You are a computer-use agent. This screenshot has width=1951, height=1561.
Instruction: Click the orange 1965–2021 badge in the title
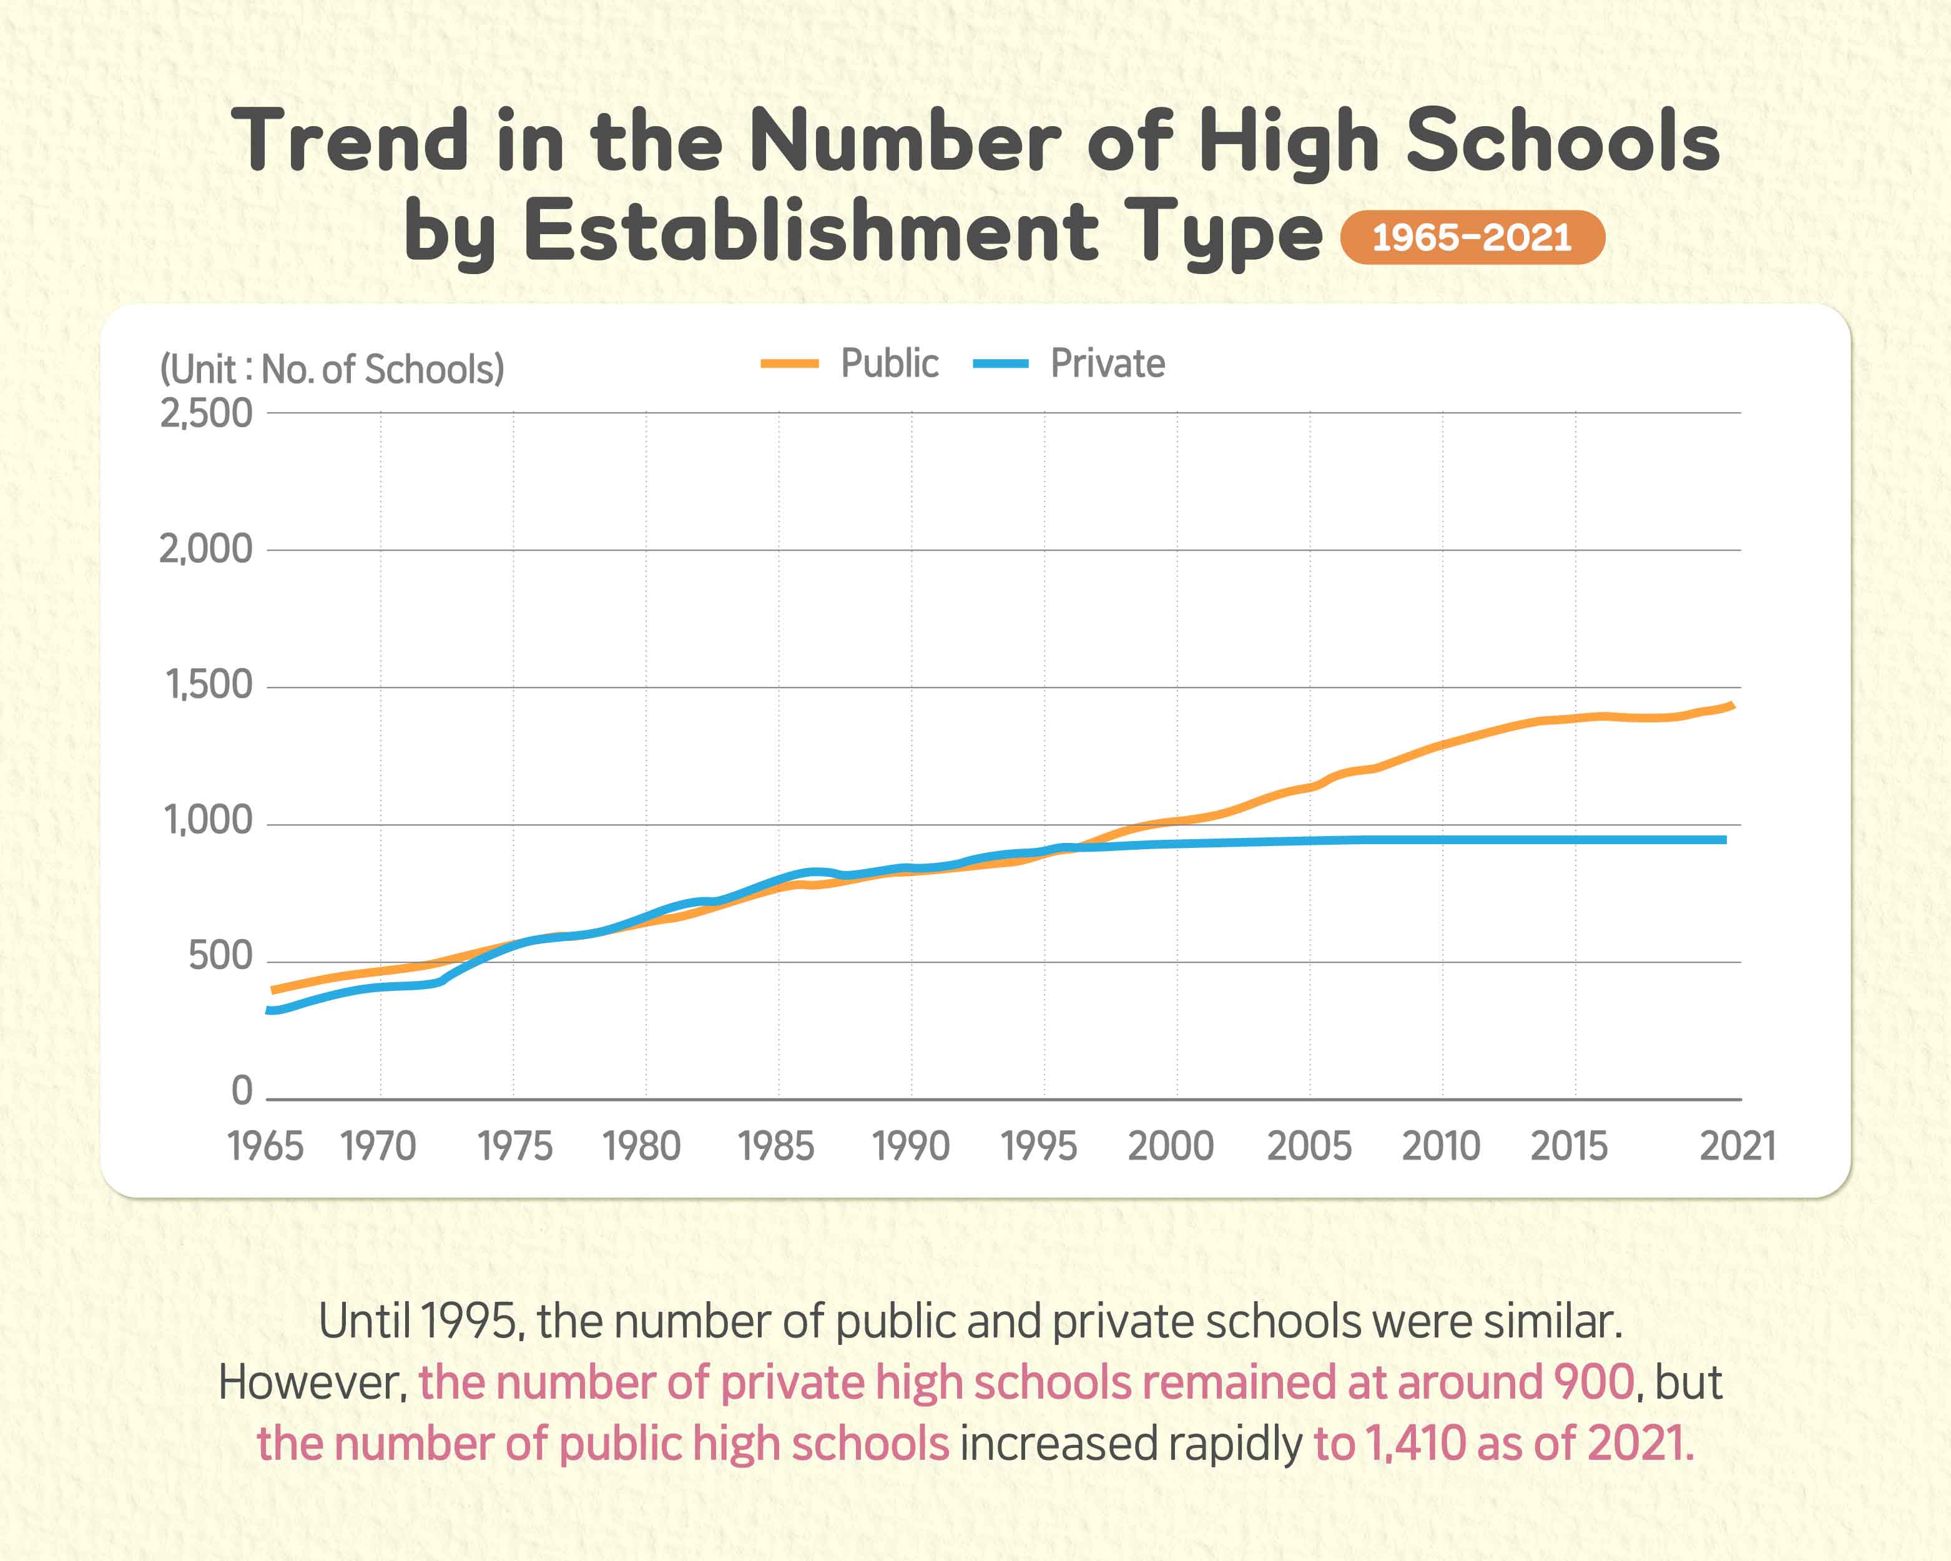click(1472, 238)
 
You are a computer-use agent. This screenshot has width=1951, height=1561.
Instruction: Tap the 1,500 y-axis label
click(208, 685)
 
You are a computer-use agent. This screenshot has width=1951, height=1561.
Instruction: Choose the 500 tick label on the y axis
click(220, 957)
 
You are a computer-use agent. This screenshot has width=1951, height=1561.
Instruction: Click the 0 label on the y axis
click(242, 1091)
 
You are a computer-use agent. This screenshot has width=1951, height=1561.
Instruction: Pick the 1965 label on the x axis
click(265, 1146)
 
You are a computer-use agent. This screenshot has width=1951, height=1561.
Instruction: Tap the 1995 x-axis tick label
click(1039, 1146)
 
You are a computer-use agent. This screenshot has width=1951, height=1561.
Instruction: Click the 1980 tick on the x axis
click(642, 1146)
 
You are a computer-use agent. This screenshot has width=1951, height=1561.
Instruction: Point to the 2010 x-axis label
click(1441, 1146)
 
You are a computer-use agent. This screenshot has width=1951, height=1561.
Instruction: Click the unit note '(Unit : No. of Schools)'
click(332, 369)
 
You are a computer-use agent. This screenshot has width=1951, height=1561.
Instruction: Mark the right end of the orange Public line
click(1732, 705)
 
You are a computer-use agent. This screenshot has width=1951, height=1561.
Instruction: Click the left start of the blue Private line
click(268, 1010)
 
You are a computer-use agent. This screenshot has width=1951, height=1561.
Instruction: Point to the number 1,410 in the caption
click(1415, 1444)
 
